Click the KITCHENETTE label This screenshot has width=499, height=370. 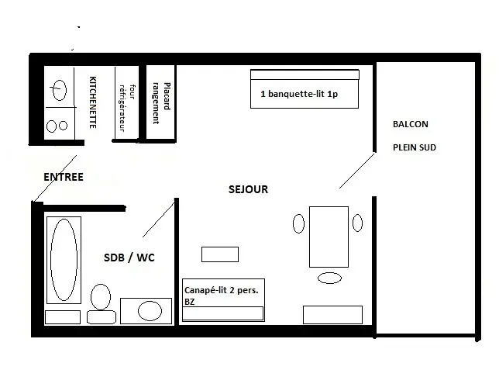point(93,102)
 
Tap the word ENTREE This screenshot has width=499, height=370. point(64,177)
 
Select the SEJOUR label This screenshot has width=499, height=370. point(248,189)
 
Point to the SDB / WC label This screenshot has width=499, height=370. point(129,258)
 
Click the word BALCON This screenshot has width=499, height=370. point(411,124)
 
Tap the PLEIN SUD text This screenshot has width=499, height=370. point(415,147)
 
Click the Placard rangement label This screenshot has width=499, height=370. point(161,103)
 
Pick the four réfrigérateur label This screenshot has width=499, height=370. point(127,108)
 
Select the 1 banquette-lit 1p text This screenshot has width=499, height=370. point(299,94)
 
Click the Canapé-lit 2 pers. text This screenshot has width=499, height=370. point(222,290)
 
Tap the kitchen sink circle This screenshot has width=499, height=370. point(59,90)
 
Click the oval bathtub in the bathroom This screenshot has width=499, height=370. point(64,260)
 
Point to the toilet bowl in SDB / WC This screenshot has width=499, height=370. point(101,297)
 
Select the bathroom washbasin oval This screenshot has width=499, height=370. point(150,311)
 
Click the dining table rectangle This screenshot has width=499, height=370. point(329,237)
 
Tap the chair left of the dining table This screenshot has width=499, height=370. point(298,223)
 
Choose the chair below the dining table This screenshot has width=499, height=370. point(330,278)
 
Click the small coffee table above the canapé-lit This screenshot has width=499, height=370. point(220,254)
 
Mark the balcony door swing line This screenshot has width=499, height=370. point(357,171)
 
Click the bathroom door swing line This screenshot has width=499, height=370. point(159,220)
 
